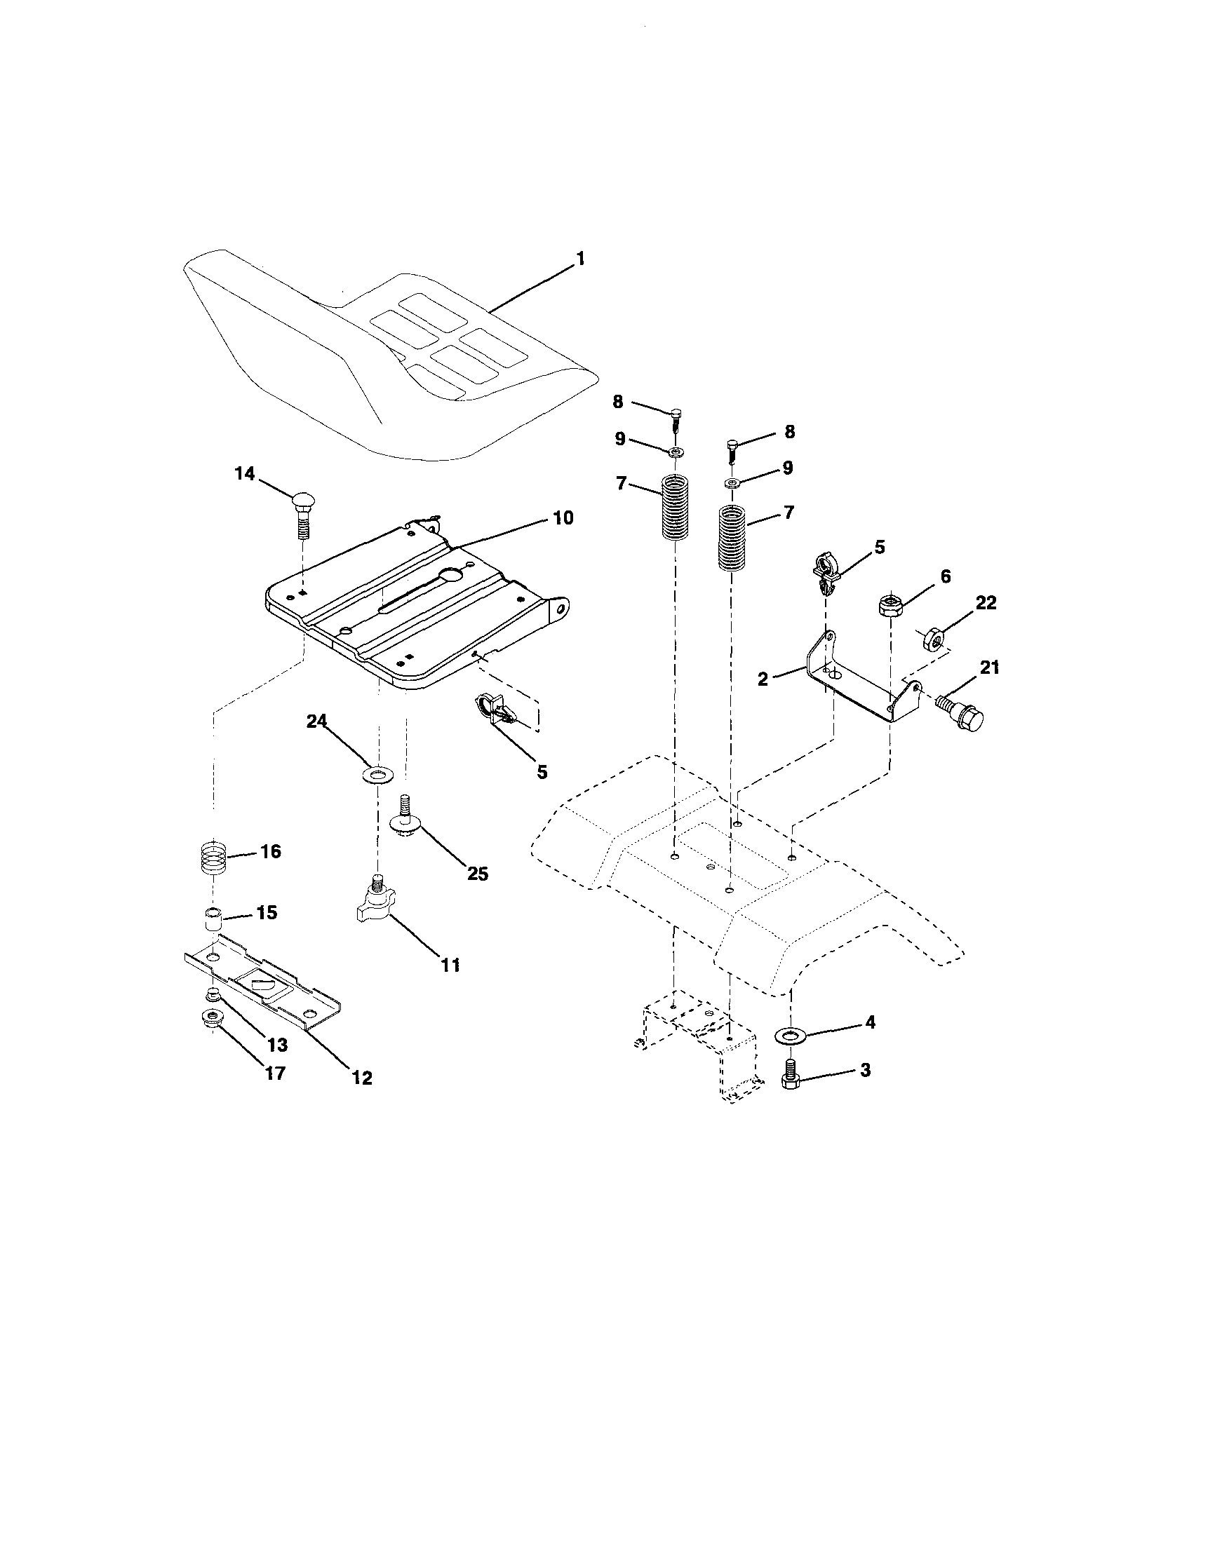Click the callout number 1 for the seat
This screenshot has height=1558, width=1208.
[x=580, y=258]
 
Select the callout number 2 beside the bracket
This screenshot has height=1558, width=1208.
[x=763, y=679]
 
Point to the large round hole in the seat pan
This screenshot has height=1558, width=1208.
[x=450, y=575]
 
